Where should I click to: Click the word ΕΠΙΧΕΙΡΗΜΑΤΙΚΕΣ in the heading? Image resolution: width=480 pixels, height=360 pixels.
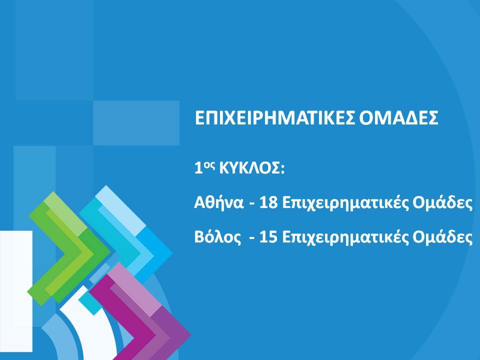[x=274, y=118]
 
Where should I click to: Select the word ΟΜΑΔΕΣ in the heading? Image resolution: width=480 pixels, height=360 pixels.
[x=398, y=118]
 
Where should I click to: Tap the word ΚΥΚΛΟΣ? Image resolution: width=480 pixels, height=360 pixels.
[x=249, y=168]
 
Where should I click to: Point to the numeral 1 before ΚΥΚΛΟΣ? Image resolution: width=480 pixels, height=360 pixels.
[x=198, y=168]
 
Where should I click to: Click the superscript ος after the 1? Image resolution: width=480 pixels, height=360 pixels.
[x=207, y=165]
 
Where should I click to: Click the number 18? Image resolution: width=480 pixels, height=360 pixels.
[x=268, y=203]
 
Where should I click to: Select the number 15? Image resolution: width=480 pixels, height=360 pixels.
[x=268, y=237]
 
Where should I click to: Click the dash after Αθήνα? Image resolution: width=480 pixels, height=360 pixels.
[x=252, y=204]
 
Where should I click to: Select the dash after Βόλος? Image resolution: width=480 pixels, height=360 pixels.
[x=252, y=239]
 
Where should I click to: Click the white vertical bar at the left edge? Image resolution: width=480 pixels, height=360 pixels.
[x=16, y=291]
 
